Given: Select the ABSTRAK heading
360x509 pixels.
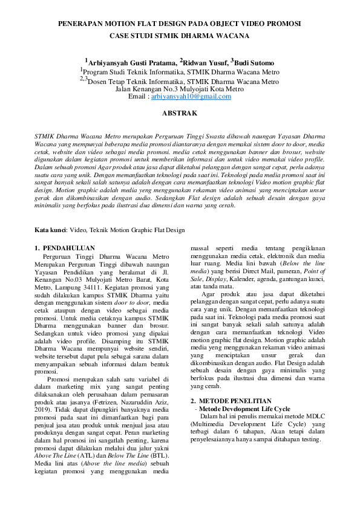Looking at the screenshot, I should [180, 113].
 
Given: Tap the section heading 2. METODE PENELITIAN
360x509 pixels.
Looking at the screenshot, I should [231, 401].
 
